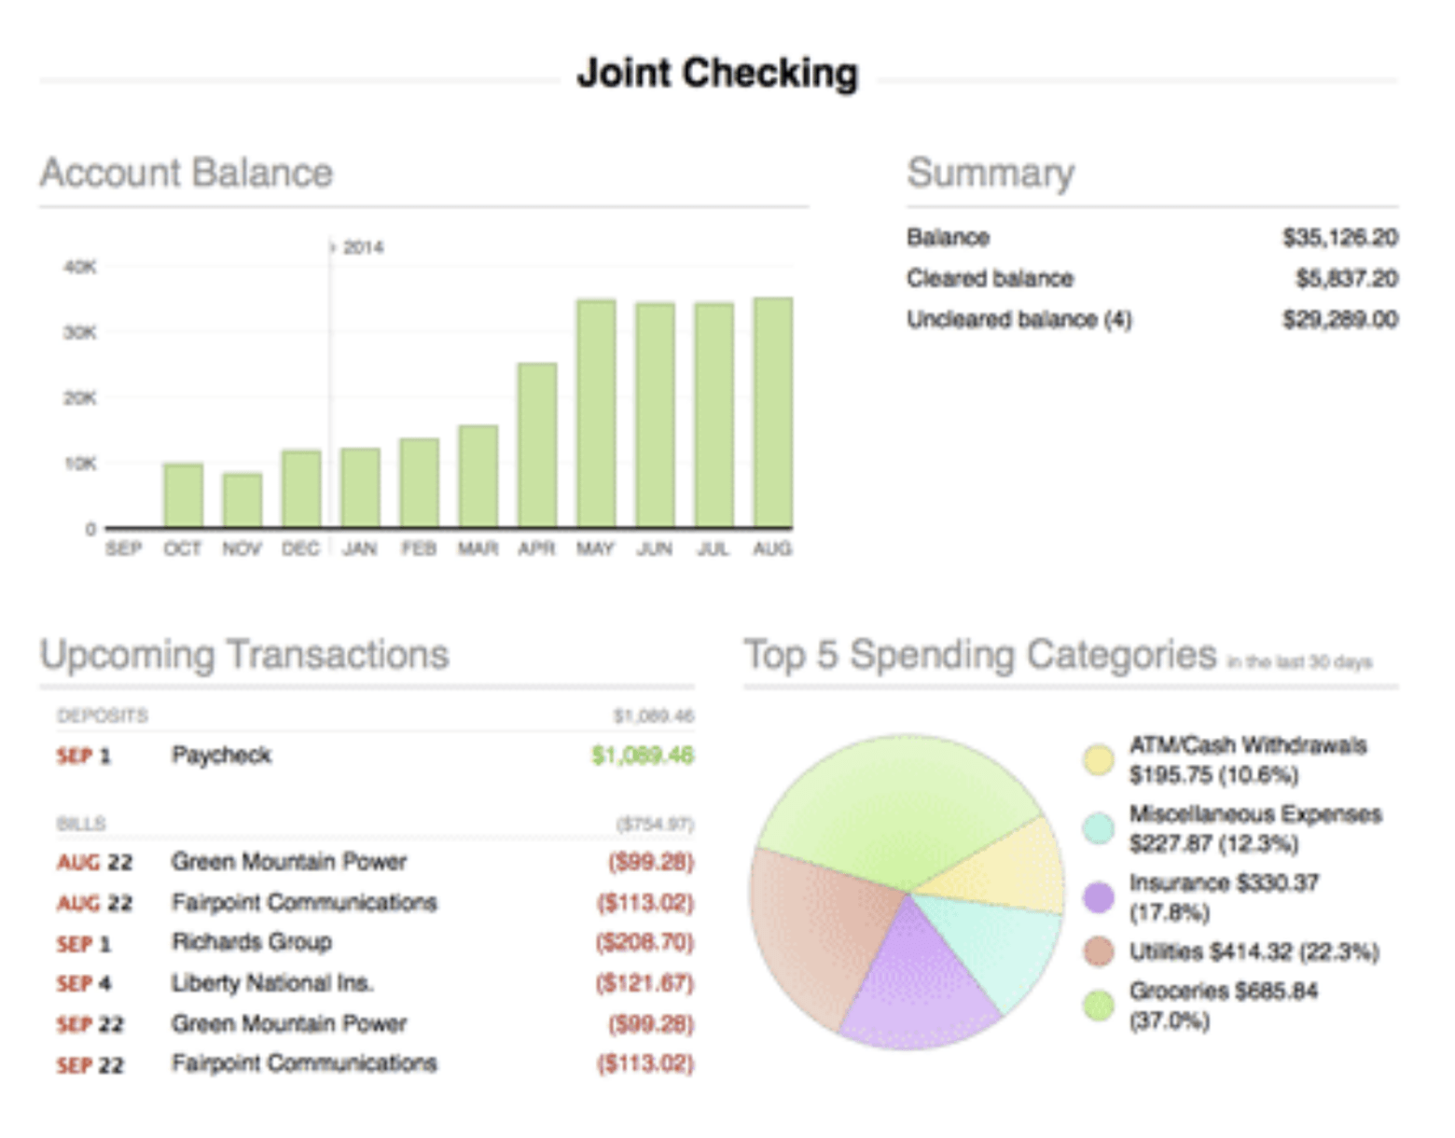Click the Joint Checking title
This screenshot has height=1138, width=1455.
tap(717, 73)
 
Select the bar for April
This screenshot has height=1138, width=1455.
tap(536, 446)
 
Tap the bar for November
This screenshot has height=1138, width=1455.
tap(242, 501)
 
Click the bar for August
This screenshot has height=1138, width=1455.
tap(772, 413)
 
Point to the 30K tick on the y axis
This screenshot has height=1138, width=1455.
tap(80, 332)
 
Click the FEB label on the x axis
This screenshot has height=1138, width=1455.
tap(419, 548)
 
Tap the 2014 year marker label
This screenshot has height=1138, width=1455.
tap(362, 247)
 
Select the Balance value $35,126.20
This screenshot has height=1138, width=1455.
tap(1339, 237)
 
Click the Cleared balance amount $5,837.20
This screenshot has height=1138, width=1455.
tap(1346, 278)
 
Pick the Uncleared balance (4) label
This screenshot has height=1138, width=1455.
tap(1018, 319)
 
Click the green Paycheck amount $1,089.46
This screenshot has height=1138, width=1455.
tap(643, 755)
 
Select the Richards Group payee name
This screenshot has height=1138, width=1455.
tap(252, 942)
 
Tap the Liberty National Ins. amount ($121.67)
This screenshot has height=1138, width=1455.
tap(644, 983)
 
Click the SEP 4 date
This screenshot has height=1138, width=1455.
tap(84, 983)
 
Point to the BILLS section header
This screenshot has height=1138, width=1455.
tap(81, 824)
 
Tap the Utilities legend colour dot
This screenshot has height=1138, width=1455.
tap(1099, 951)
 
